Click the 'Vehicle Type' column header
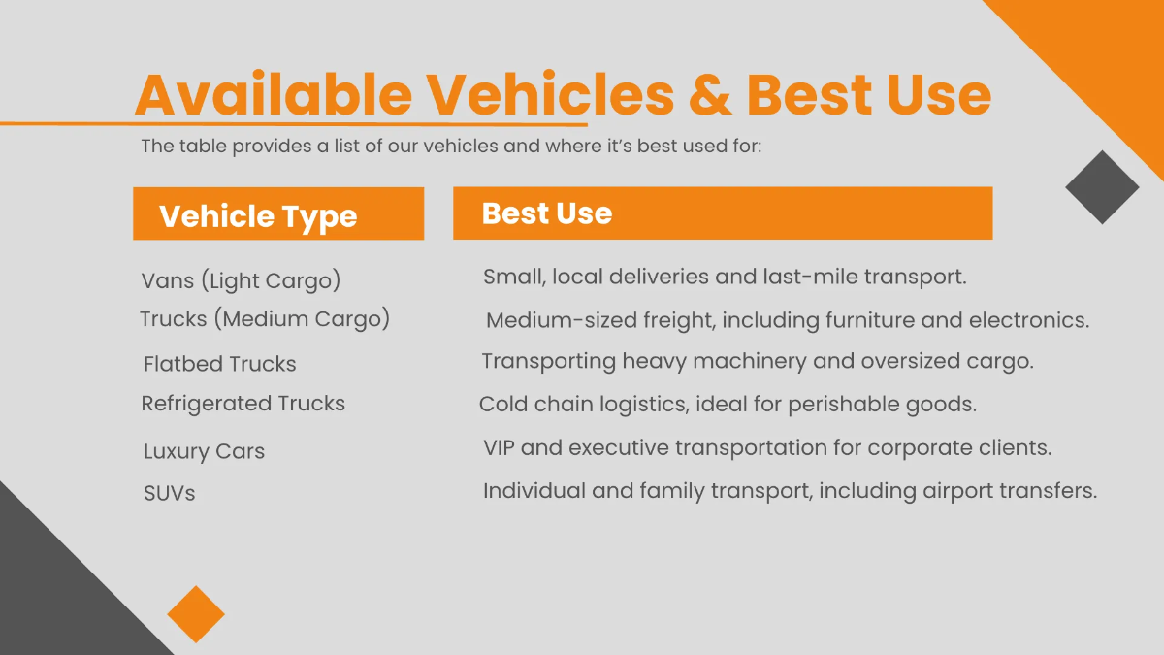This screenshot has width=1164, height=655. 258,215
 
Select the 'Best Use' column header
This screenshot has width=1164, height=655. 546,213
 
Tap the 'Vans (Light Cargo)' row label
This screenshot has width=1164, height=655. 241,281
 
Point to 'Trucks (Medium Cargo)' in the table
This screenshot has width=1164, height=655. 264,319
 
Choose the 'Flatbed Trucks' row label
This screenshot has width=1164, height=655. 219,364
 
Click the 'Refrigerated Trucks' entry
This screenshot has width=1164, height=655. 242,404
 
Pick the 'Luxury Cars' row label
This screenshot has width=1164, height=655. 204,451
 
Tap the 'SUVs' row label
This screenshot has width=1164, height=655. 169,493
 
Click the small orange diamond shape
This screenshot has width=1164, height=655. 196,613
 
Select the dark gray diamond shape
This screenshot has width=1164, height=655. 1102,187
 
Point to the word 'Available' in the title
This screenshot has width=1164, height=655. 274,95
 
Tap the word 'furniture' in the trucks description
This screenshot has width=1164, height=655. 864,320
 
